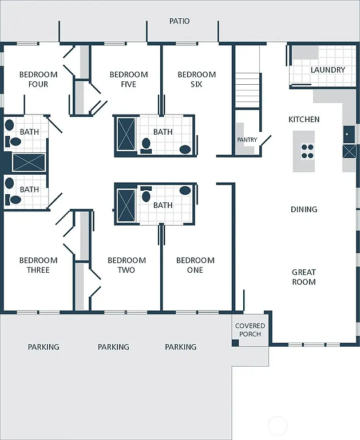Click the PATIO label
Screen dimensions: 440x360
[x=179, y=21]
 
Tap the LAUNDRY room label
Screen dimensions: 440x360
[x=328, y=70]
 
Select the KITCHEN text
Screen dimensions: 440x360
[x=304, y=119]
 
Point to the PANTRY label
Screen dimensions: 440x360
[x=247, y=140]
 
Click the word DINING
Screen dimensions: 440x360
[x=304, y=210]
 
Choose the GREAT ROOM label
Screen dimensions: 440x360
[x=304, y=277]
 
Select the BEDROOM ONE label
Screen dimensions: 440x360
[x=195, y=265]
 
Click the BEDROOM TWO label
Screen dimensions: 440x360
[x=126, y=265]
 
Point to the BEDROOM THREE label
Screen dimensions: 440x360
[x=38, y=265]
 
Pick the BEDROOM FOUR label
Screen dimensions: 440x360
[x=38, y=79]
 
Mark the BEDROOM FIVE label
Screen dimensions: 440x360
[x=129, y=79]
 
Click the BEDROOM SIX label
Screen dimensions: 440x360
[x=197, y=79]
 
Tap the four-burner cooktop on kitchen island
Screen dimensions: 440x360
[x=308, y=151]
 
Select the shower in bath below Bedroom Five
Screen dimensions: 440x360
[x=126, y=134]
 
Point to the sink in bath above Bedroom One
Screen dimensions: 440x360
[x=185, y=190]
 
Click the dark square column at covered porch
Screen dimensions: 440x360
[x=235, y=343]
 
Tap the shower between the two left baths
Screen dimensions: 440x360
[x=28, y=162]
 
